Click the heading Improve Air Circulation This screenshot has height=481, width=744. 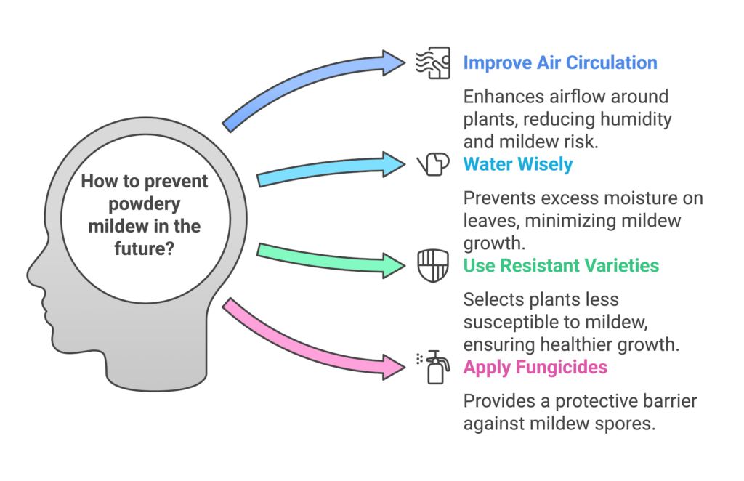click(559, 62)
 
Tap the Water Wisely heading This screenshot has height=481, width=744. click(517, 164)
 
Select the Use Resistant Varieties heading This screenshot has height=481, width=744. click(561, 265)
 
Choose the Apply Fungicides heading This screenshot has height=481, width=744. click(535, 367)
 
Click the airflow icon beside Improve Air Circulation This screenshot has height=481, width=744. click(432, 63)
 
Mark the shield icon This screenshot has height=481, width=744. click(432, 265)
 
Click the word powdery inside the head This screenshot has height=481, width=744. click(144, 203)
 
